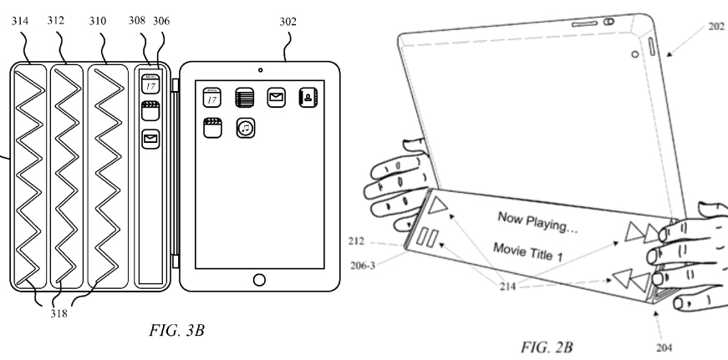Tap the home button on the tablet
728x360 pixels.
259,277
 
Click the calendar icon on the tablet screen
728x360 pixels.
212,99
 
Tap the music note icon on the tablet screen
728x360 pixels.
245,128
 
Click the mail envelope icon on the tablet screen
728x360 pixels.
276,99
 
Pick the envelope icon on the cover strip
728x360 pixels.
151,139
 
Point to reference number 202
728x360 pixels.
716,26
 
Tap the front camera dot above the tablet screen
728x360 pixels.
259,67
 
